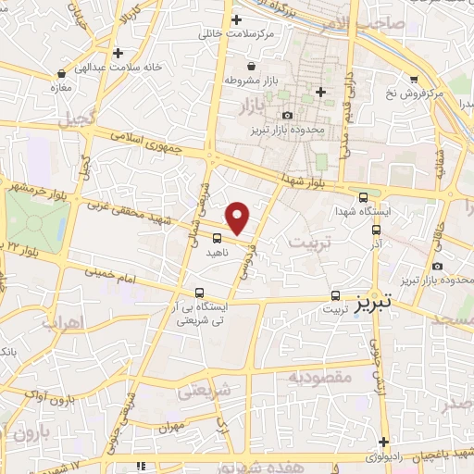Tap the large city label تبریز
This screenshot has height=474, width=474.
(374, 302)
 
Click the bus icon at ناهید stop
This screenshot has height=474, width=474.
(218, 239)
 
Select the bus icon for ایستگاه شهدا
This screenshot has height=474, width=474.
(362, 197)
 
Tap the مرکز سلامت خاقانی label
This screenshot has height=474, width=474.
(237, 34)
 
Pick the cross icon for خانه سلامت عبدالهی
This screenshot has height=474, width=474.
(117, 54)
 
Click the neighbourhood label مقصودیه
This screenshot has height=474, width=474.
(318, 377)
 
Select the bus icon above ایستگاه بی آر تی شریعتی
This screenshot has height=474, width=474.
(199, 293)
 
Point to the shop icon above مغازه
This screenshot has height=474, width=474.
(61, 72)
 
